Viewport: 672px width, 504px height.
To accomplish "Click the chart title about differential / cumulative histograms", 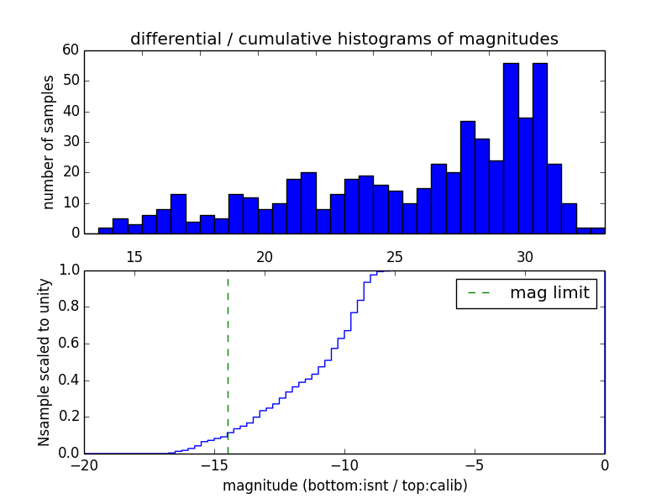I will click(x=344, y=39).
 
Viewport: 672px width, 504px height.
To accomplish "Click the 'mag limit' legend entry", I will click(x=526, y=293).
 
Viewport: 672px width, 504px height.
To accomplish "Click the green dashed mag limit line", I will click(x=228, y=361).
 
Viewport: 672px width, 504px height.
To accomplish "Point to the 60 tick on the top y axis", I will click(x=70, y=50).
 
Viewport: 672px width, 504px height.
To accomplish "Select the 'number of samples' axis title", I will click(x=49, y=141).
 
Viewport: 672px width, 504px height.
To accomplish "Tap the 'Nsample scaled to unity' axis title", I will click(x=44, y=361).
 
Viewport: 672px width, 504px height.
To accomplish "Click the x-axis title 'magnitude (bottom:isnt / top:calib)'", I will click(x=344, y=486).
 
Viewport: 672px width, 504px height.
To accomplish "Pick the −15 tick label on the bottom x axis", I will click(x=214, y=465).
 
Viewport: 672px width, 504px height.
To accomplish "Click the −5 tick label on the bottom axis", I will click(x=475, y=465).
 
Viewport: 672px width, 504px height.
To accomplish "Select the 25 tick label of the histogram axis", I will click(x=395, y=256).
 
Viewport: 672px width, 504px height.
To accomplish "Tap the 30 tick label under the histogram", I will click(x=525, y=256).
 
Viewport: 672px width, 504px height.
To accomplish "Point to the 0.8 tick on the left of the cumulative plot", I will click(x=67, y=307).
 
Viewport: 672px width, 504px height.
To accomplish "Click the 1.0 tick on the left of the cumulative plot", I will click(x=67, y=270).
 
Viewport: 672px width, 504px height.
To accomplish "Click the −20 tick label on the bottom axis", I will click(x=84, y=465).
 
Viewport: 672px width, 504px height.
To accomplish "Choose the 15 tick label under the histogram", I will click(x=134, y=256).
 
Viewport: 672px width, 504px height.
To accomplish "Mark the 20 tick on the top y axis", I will click(x=70, y=172).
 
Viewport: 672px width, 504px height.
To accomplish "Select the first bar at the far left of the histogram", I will click(x=105, y=230).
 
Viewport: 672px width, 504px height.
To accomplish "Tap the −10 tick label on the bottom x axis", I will click(x=344, y=465).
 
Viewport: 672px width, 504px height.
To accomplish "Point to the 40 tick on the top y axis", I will click(x=70, y=111).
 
